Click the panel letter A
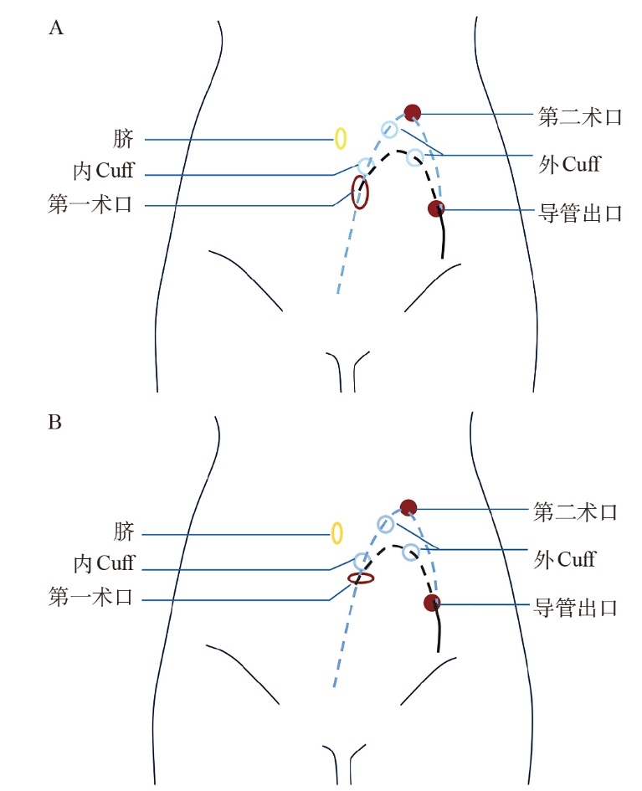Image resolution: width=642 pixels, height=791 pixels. click(56, 28)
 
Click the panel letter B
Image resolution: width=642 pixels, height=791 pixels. click(55, 422)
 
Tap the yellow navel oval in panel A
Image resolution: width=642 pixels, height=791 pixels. click(341, 138)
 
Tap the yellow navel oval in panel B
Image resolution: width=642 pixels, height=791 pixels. click(337, 532)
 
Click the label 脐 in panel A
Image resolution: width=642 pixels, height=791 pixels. click(124, 138)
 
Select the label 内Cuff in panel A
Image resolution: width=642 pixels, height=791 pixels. click(102, 172)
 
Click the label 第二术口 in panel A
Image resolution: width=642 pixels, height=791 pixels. click(579, 116)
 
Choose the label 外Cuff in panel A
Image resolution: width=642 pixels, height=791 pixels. click(568, 163)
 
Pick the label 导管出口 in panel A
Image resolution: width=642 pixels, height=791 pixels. click(579, 213)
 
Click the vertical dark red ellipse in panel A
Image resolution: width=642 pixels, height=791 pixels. click(360, 193)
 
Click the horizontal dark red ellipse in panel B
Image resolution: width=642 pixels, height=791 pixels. click(361, 578)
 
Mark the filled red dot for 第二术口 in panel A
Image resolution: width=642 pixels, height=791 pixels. click(412, 112)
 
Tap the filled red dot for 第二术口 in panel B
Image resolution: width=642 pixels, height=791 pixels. click(408, 506)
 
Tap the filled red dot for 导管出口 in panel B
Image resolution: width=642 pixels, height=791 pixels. click(432, 603)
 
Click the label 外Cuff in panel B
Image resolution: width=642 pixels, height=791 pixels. click(564, 557)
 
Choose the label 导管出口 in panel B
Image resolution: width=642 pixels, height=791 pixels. click(576, 607)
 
